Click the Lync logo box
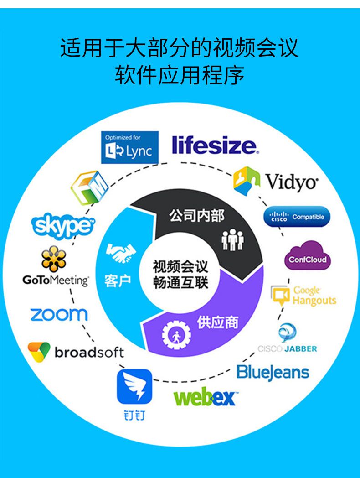coord(129,147)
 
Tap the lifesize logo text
coord(215,145)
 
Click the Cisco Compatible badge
coord(297,217)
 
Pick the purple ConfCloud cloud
coord(308,256)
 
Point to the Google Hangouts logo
coord(303,296)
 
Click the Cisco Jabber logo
coord(288,338)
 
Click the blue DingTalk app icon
coord(134,386)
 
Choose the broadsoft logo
coord(76,352)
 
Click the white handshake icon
coord(120,253)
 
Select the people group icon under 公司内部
coord(232,239)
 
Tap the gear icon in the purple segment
coord(174,335)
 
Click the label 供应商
coord(217,322)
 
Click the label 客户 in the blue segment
coord(117,281)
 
